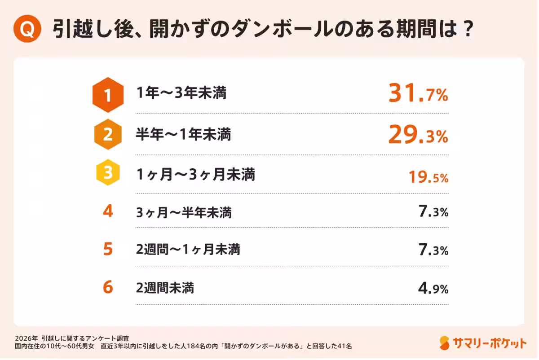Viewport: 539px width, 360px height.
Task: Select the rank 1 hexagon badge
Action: (x=108, y=95)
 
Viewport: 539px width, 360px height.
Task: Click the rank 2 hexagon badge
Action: (x=108, y=135)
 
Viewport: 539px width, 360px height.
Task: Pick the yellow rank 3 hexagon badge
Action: (x=108, y=175)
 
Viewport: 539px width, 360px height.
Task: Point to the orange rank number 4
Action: (x=108, y=211)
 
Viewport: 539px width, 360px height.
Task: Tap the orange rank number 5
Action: (x=108, y=250)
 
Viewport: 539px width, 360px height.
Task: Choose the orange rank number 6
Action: (x=108, y=287)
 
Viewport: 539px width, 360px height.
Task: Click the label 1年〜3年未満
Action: (x=181, y=94)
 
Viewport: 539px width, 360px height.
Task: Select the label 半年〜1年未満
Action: (x=183, y=134)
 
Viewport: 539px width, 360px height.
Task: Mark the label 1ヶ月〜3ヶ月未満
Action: (x=195, y=175)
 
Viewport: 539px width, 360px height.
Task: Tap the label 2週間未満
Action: (x=165, y=288)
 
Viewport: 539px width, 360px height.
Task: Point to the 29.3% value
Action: (x=418, y=135)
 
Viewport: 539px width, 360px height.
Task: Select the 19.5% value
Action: (x=428, y=177)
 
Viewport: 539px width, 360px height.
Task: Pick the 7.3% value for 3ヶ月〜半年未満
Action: (x=433, y=212)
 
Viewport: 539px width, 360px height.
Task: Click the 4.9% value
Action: (x=433, y=288)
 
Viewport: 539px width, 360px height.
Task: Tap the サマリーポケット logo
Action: (x=483, y=343)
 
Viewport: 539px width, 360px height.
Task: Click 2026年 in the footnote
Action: (x=25, y=338)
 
